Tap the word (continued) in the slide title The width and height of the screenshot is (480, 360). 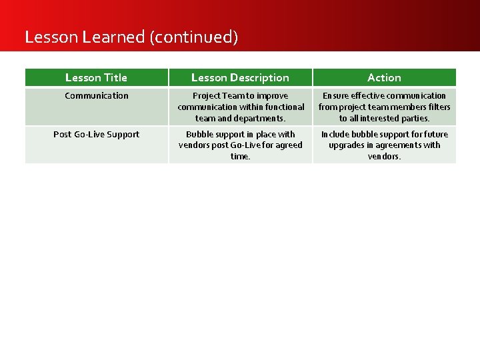point(194,37)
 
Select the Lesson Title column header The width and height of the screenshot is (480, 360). point(96,78)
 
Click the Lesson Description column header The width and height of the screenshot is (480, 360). point(240,78)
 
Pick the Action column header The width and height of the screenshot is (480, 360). point(384,78)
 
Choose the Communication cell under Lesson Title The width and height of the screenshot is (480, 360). point(97,96)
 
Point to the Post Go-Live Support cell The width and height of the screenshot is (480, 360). point(97,135)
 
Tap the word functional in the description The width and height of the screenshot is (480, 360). point(282,107)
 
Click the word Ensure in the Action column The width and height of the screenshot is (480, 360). point(335,96)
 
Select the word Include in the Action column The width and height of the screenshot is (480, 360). point(335,135)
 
